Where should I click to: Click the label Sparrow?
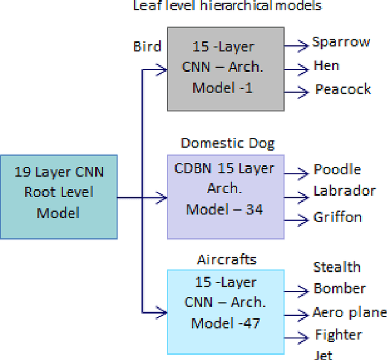tap(341, 42)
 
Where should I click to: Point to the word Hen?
tap(327, 65)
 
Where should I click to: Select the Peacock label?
tap(343, 90)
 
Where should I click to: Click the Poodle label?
tap(337, 169)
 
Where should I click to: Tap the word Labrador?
tap(345, 191)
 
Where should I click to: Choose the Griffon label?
tap(337, 217)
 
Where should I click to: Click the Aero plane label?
tap(350, 313)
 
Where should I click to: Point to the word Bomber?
tap(339, 289)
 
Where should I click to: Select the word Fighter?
tap(339, 335)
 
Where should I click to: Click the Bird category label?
tap(148, 47)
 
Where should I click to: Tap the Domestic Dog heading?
tap(227, 143)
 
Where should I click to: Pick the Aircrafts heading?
tap(227, 260)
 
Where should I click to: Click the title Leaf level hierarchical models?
tap(227, 6)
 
